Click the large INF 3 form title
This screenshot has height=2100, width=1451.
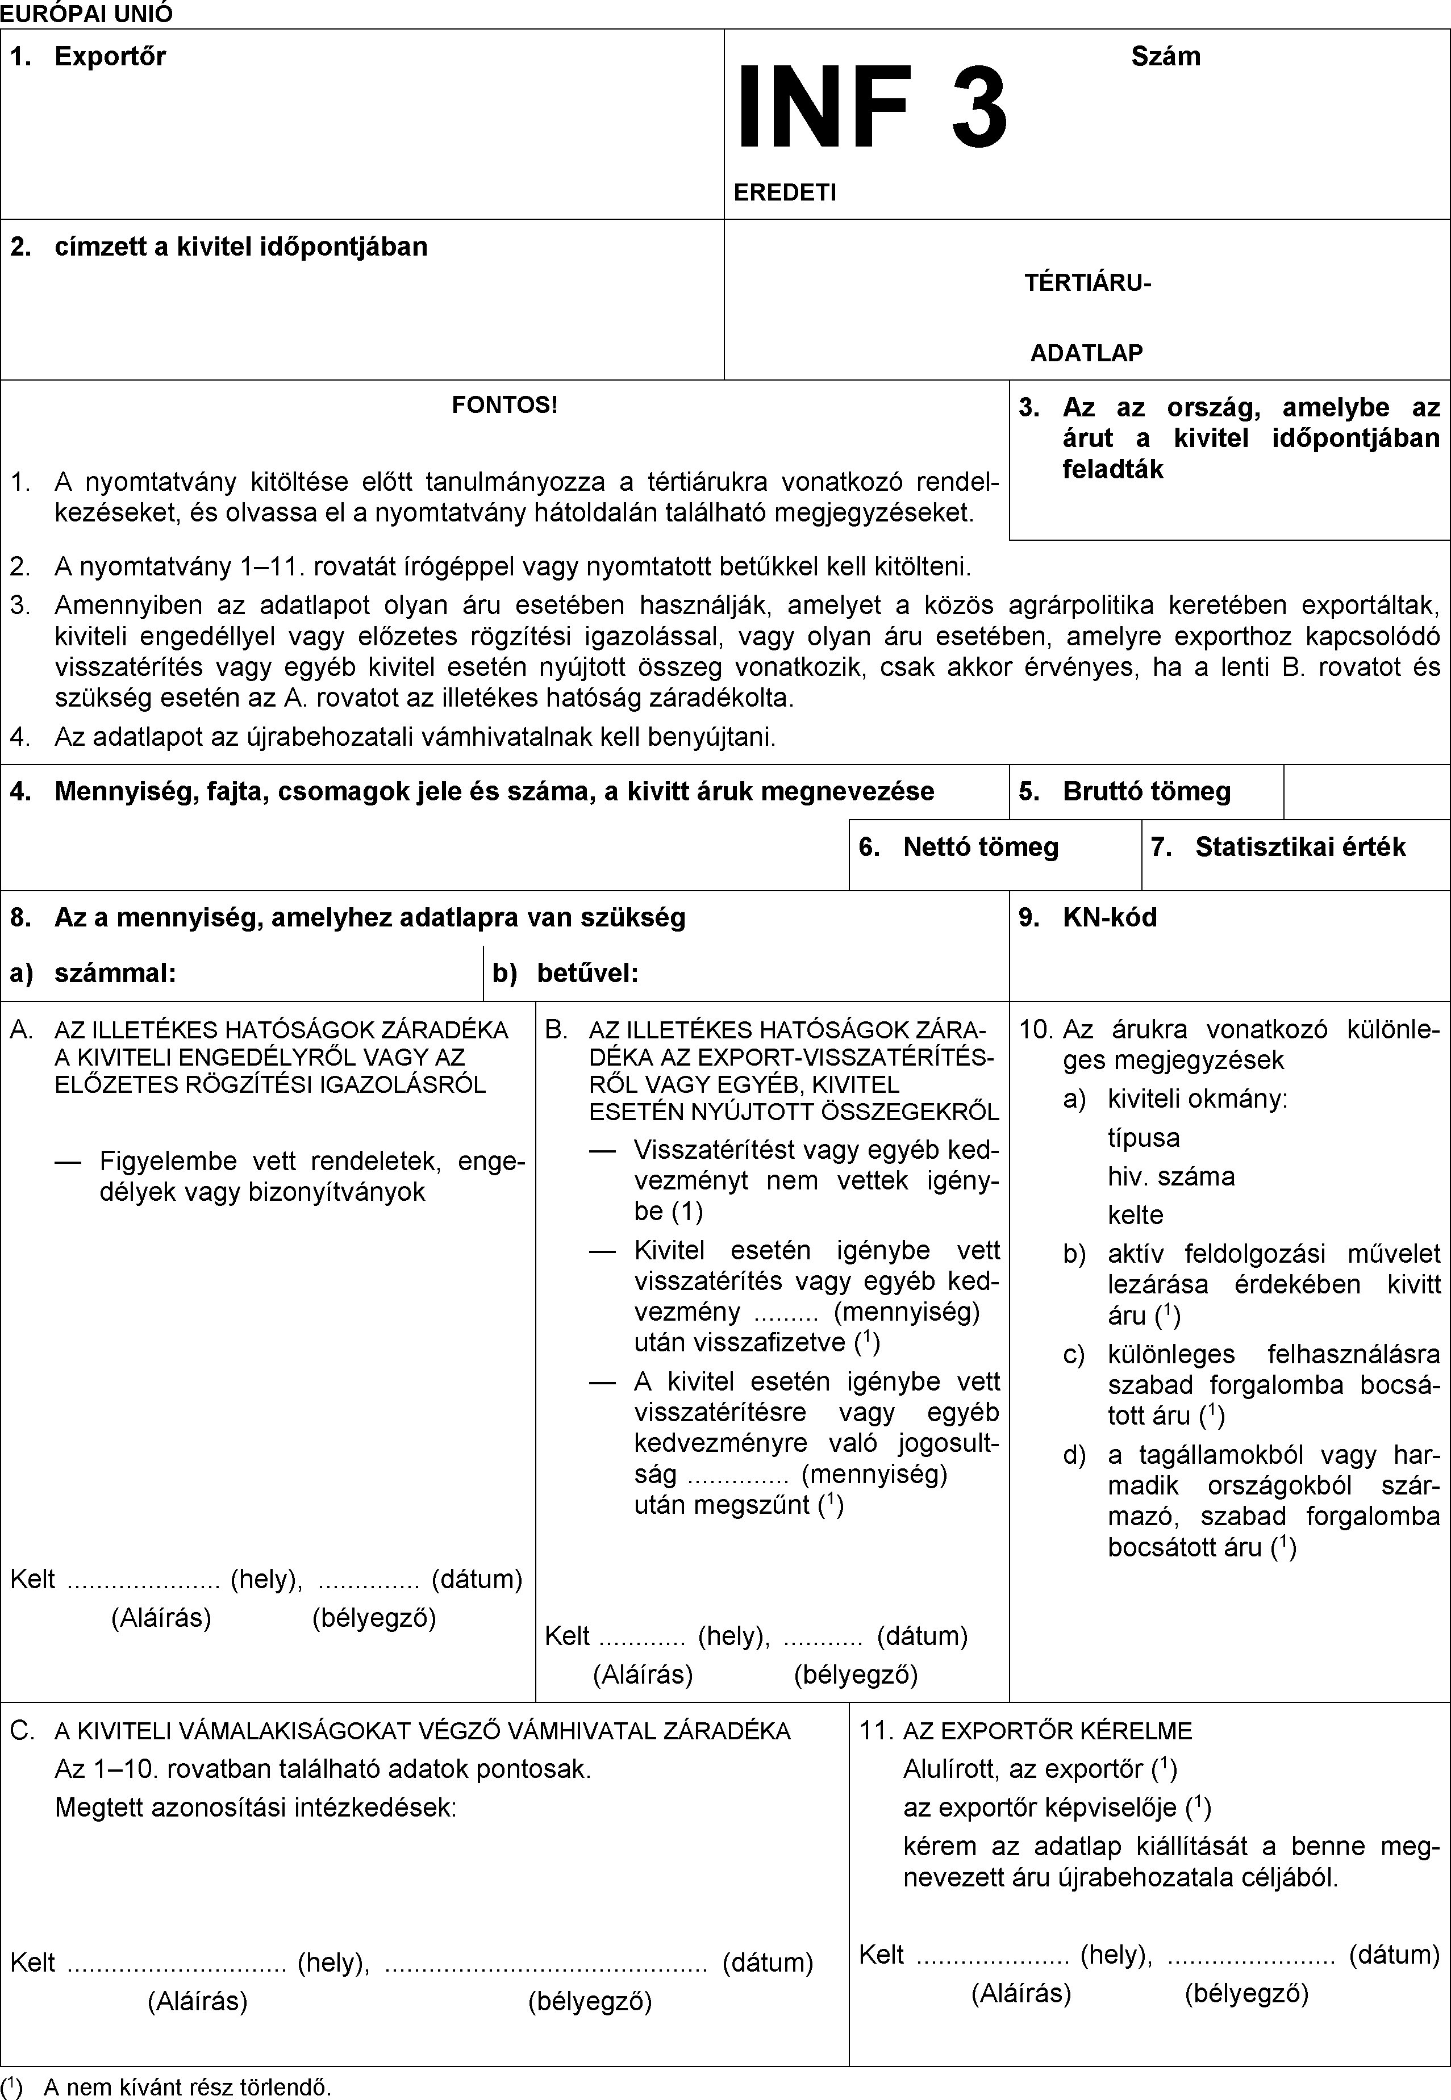(x=871, y=109)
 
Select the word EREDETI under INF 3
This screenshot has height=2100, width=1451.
(x=785, y=192)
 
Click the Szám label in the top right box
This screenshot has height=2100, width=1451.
(x=1166, y=56)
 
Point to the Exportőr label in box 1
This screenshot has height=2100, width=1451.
(x=110, y=56)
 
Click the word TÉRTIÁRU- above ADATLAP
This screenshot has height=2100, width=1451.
(x=1087, y=283)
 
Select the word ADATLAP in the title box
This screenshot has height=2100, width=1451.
(x=1086, y=353)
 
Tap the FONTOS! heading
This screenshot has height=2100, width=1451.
(x=504, y=404)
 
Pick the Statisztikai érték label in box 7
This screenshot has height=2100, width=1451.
(x=1299, y=847)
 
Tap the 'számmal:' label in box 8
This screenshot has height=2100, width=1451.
(x=115, y=974)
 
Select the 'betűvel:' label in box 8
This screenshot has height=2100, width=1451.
(x=587, y=974)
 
